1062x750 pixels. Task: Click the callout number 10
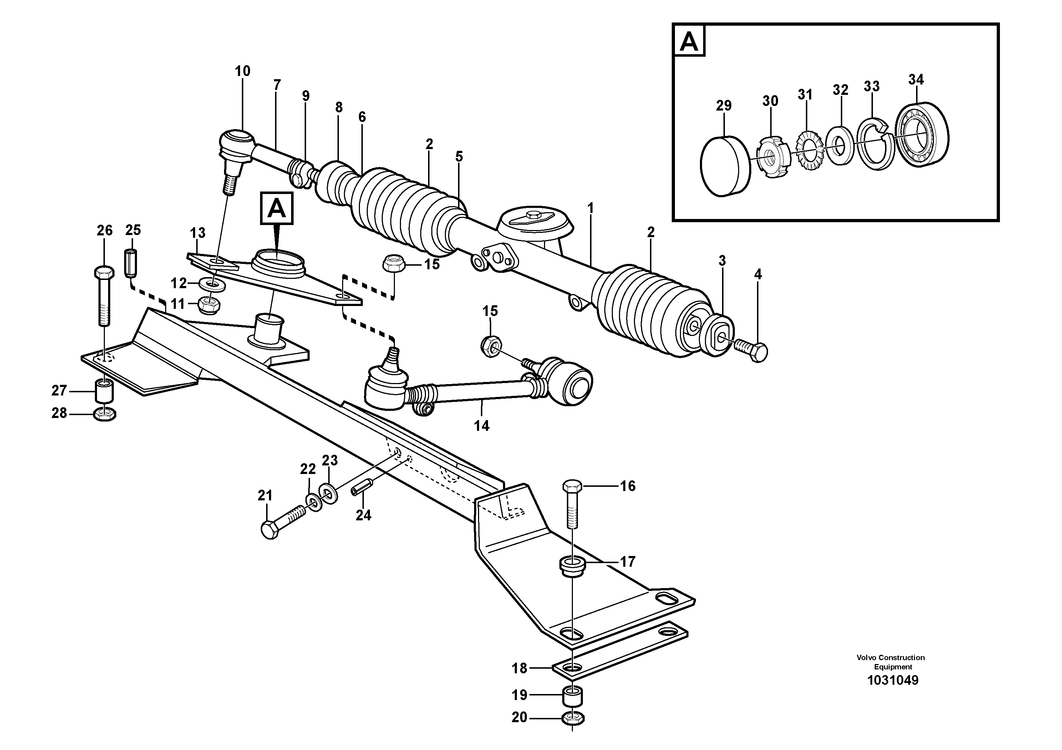click(x=242, y=71)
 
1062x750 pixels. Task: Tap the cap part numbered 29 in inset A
click(x=724, y=165)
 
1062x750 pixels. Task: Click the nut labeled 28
click(x=105, y=414)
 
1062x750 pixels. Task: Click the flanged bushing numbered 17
click(x=573, y=567)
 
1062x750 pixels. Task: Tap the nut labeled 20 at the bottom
click(x=573, y=719)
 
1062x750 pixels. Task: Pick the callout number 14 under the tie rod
click(x=482, y=425)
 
